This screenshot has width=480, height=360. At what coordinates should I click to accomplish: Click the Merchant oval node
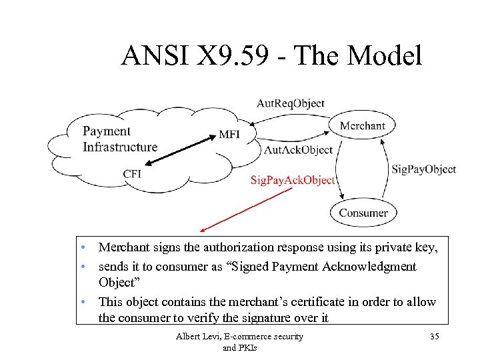click(363, 125)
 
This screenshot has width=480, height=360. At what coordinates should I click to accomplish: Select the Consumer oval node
click(363, 213)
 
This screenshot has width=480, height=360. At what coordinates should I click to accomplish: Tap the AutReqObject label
click(291, 103)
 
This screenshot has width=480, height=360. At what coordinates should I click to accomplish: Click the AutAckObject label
click(298, 150)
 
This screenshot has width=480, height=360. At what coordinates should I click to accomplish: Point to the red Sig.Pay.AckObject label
click(292, 180)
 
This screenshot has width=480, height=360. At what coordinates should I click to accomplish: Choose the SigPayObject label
click(423, 169)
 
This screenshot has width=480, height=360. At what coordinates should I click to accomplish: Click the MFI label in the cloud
click(229, 134)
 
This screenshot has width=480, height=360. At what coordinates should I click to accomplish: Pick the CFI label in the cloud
click(132, 174)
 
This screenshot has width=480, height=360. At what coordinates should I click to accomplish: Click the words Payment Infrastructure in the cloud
click(120, 139)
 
